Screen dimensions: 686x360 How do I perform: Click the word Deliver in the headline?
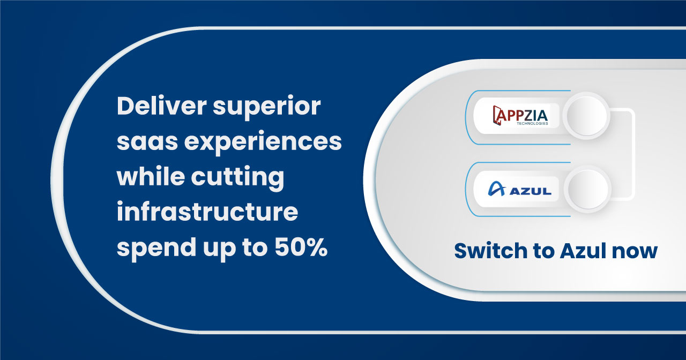point(162,106)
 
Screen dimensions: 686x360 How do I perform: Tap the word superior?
point(267,109)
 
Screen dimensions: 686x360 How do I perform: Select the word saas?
point(147,142)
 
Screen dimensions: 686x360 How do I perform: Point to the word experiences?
point(263,144)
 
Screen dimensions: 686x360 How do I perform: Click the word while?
point(151,176)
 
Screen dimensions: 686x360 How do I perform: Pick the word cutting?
point(237,179)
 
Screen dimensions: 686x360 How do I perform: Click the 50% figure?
point(301,247)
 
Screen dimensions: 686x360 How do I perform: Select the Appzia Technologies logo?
point(520,116)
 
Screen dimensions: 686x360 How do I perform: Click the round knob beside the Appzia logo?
point(586,116)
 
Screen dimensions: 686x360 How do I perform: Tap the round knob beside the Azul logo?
point(587,189)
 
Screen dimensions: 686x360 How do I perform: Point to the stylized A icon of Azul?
point(496,189)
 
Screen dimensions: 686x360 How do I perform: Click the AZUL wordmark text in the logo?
point(531,191)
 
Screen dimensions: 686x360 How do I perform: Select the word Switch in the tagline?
point(491,251)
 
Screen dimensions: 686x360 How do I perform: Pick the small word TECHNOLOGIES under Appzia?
point(532,123)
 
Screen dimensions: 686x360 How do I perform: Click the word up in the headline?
point(219,250)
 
